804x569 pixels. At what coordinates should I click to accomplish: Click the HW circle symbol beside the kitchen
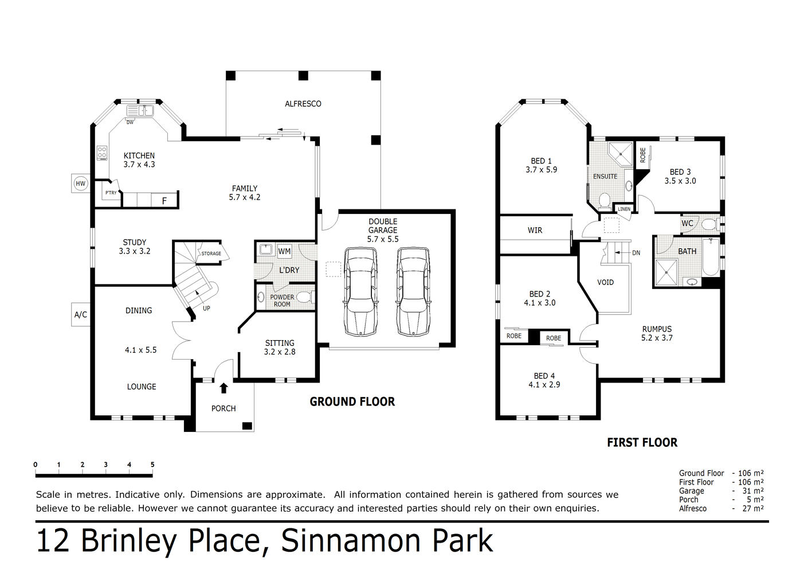(80, 184)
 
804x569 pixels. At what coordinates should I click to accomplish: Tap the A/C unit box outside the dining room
(81, 314)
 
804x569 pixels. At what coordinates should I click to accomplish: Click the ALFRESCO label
(303, 104)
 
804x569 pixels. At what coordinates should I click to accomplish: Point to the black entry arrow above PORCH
(223, 388)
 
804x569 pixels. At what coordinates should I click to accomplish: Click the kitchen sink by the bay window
(140, 111)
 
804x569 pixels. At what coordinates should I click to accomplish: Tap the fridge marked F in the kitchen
(164, 201)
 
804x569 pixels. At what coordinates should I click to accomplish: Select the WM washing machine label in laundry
(284, 251)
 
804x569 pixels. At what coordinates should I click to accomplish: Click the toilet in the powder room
(303, 297)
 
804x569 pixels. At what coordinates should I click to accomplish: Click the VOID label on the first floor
(605, 282)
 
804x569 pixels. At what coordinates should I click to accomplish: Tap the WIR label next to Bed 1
(535, 230)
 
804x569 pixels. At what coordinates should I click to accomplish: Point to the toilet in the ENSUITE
(604, 200)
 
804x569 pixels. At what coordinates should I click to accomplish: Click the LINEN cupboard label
(623, 209)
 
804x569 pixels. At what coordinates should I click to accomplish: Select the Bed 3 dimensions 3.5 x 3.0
(680, 181)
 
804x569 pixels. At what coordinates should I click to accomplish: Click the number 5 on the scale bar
(152, 465)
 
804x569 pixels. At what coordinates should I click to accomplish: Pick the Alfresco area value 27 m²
(754, 508)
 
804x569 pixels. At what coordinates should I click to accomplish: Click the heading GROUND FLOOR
(352, 402)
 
